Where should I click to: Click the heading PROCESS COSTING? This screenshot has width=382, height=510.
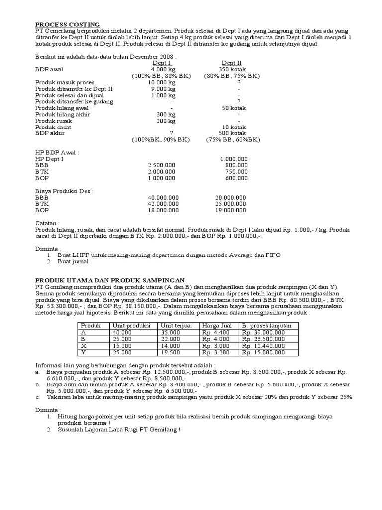[x=68, y=24]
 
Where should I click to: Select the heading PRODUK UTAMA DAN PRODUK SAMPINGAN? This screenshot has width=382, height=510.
[x=110, y=280]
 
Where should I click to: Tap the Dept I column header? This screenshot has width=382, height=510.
[x=162, y=63]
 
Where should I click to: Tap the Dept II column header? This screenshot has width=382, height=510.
[x=232, y=63]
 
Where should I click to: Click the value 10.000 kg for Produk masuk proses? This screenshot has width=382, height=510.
[x=162, y=82]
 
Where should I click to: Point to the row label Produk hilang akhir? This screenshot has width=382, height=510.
[x=62, y=114]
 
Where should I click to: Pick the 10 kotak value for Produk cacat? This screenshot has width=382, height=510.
[x=232, y=127]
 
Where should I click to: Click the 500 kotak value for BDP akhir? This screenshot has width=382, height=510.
[x=232, y=133]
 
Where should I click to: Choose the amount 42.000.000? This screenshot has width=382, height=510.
[x=163, y=204]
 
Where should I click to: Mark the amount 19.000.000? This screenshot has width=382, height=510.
[x=230, y=210]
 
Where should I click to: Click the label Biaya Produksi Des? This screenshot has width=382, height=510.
[x=64, y=191]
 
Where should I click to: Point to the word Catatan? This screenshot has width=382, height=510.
[x=47, y=223]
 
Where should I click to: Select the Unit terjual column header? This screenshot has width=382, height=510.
[x=177, y=325]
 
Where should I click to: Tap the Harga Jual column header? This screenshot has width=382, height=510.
[x=216, y=325]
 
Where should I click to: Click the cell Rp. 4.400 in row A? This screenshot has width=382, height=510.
[x=215, y=332]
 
